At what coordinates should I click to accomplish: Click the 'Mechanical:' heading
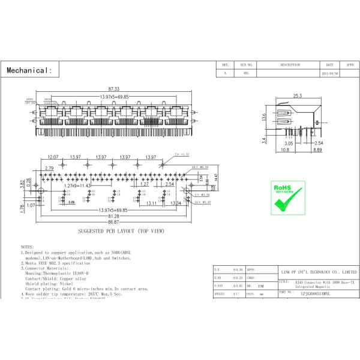point(29,71)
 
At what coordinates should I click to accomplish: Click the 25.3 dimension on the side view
point(298,95)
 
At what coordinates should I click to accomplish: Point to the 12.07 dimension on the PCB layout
point(52,157)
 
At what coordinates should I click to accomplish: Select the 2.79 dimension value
point(49,169)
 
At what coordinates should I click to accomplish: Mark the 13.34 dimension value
point(176,203)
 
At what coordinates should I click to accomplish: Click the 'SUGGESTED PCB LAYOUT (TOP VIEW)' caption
point(122,231)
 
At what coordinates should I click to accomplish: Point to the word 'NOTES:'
point(28,247)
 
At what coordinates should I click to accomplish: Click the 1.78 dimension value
point(22,208)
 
